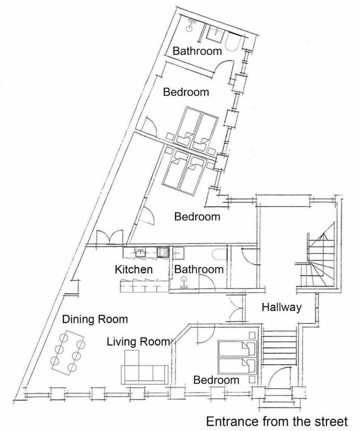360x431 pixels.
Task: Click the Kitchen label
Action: [133, 269]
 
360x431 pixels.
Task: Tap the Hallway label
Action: [282, 307]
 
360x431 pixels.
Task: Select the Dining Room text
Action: [95, 319]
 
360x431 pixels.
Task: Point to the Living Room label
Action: [138, 342]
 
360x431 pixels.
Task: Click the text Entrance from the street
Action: [277, 422]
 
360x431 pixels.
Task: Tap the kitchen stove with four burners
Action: [163, 252]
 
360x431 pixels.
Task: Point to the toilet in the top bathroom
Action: [190, 25]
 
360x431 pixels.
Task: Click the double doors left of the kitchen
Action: [110, 237]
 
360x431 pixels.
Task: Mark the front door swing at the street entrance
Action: [278, 377]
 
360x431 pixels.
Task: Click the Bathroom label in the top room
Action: [197, 51]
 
